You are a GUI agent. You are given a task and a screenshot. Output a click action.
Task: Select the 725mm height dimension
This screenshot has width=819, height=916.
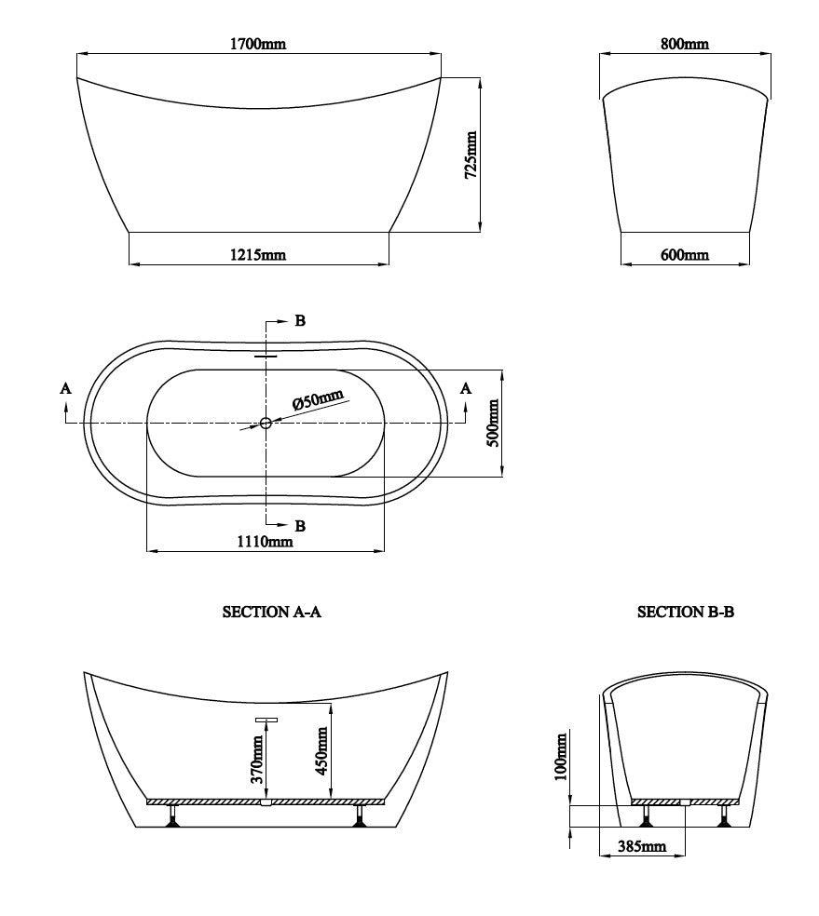(471, 155)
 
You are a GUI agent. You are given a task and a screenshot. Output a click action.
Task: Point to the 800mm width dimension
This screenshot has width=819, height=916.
(684, 44)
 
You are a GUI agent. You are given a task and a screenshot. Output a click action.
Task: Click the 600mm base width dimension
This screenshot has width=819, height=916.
(685, 255)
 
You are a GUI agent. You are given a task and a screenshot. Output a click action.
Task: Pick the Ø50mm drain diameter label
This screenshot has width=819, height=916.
(318, 400)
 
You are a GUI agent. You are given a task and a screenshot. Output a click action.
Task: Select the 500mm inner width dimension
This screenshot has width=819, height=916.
(494, 423)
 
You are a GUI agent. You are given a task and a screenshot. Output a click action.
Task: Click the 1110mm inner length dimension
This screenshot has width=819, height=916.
(266, 541)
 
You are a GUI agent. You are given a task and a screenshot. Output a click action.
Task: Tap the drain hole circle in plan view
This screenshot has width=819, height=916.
(266, 424)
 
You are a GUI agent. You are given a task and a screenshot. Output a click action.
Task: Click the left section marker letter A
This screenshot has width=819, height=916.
(65, 388)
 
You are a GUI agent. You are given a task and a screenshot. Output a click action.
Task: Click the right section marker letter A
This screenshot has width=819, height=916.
(466, 388)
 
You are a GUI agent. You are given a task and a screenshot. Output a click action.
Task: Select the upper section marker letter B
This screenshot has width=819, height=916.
(300, 321)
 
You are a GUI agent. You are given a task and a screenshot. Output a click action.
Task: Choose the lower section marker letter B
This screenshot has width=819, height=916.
(300, 527)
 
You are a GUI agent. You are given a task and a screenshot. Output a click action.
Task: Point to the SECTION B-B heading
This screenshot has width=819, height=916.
(686, 612)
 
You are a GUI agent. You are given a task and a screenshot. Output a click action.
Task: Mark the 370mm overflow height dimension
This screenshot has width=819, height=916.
(258, 758)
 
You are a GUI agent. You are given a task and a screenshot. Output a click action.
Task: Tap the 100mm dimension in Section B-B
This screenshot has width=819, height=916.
(561, 758)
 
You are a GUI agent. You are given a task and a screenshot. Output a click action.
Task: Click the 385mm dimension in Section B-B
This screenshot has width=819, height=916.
(641, 846)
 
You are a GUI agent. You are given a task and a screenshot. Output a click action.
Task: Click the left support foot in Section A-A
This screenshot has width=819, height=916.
(171, 817)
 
